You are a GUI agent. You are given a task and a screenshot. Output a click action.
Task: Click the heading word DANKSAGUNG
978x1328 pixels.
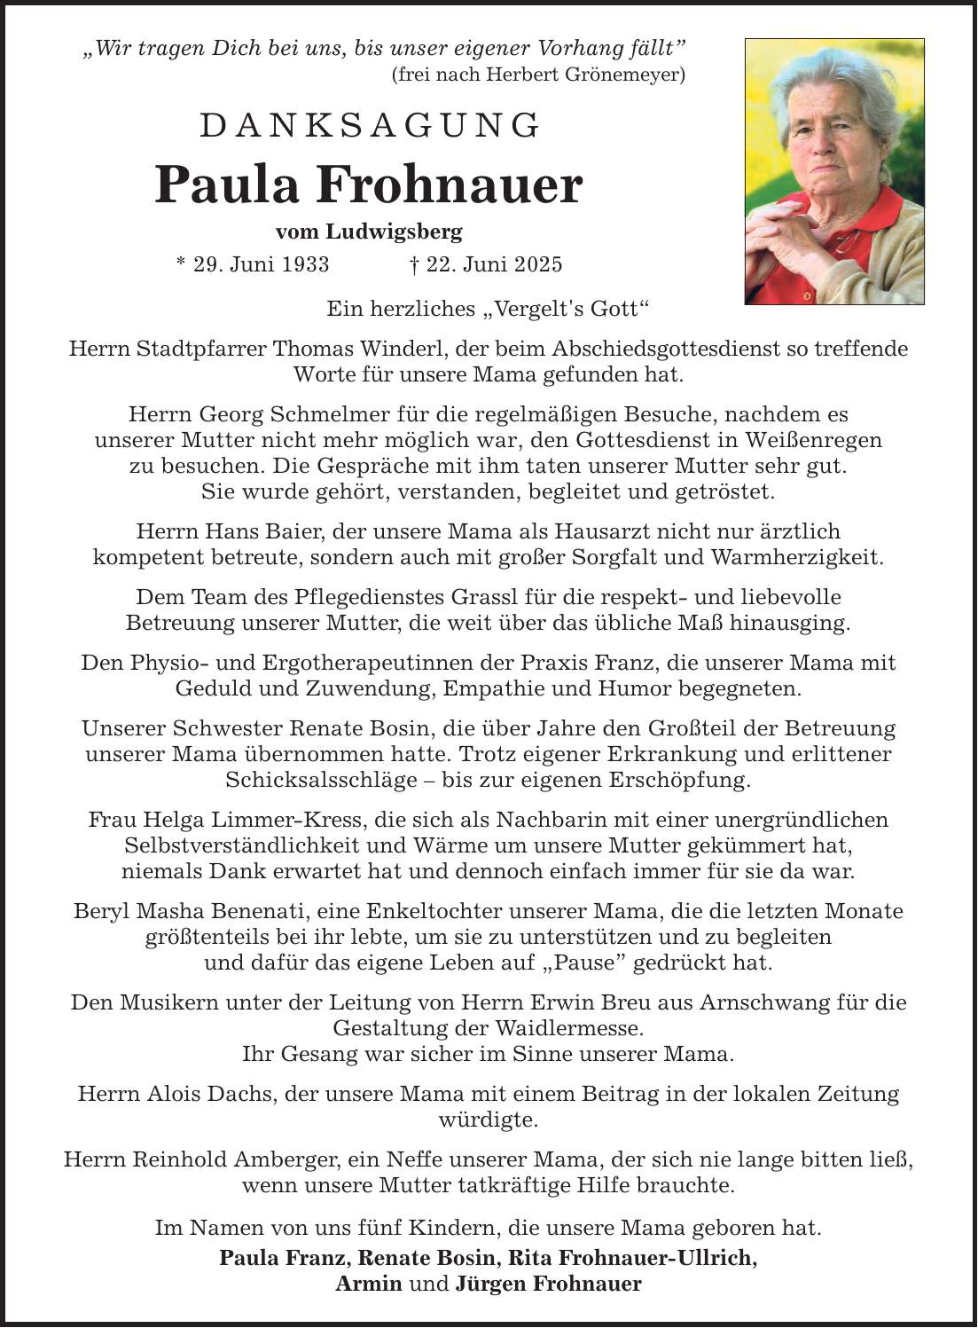coord(370,126)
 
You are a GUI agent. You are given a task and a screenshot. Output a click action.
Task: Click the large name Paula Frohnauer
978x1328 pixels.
coord(369,185)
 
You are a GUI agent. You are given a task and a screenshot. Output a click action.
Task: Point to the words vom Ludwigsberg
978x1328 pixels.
coord(369,232)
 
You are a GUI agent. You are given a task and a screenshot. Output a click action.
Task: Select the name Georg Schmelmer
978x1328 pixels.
coord(264,414)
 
